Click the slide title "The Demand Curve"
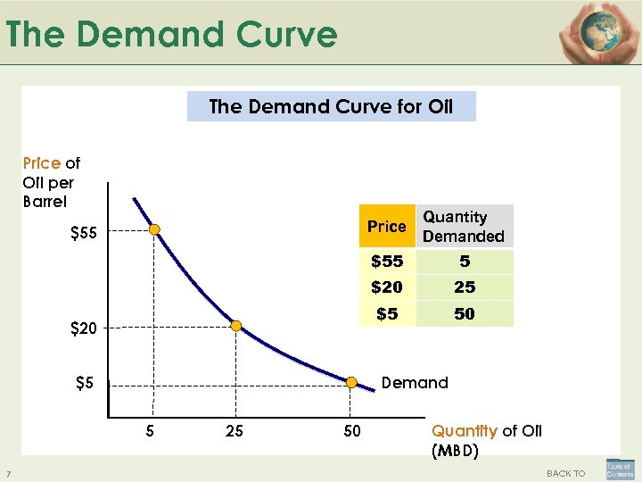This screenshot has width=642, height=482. (x=171, y=35)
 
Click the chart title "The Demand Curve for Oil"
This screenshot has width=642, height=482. (x=331, y=107)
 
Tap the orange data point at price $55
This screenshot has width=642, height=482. (x=154, y=230)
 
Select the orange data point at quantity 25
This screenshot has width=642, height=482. (x=236, y=327)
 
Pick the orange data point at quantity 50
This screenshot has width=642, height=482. (x=352, y=384)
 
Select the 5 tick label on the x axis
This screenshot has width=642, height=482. (x=151, y=432)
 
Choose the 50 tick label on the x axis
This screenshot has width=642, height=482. (x=352, y=432)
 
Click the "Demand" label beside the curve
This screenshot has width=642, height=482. (x=415, y=383)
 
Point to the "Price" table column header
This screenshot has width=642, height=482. (x=387, y=227)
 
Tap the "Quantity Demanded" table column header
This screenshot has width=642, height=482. (x=464, y=227)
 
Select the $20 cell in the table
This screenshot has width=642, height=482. (x=387, y=287)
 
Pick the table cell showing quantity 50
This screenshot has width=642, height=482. (x=465, y=314)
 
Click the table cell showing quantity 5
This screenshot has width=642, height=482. (x=465, y=262)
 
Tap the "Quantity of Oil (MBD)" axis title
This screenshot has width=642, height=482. (x=487, y=441)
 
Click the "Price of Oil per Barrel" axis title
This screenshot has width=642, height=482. (x=51, y=182)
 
